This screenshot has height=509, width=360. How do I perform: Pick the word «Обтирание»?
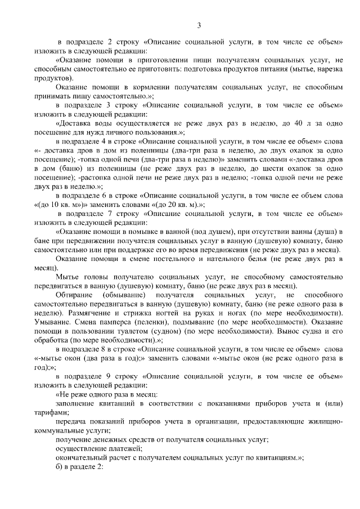click(73, 295)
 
